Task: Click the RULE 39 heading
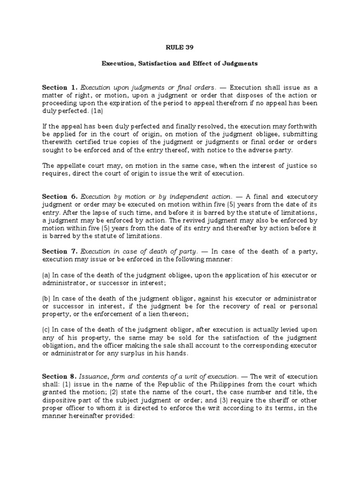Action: pyautogui.click(x=180, y=47)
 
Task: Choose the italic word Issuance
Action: pyautogui.click(x=95, y=376)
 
